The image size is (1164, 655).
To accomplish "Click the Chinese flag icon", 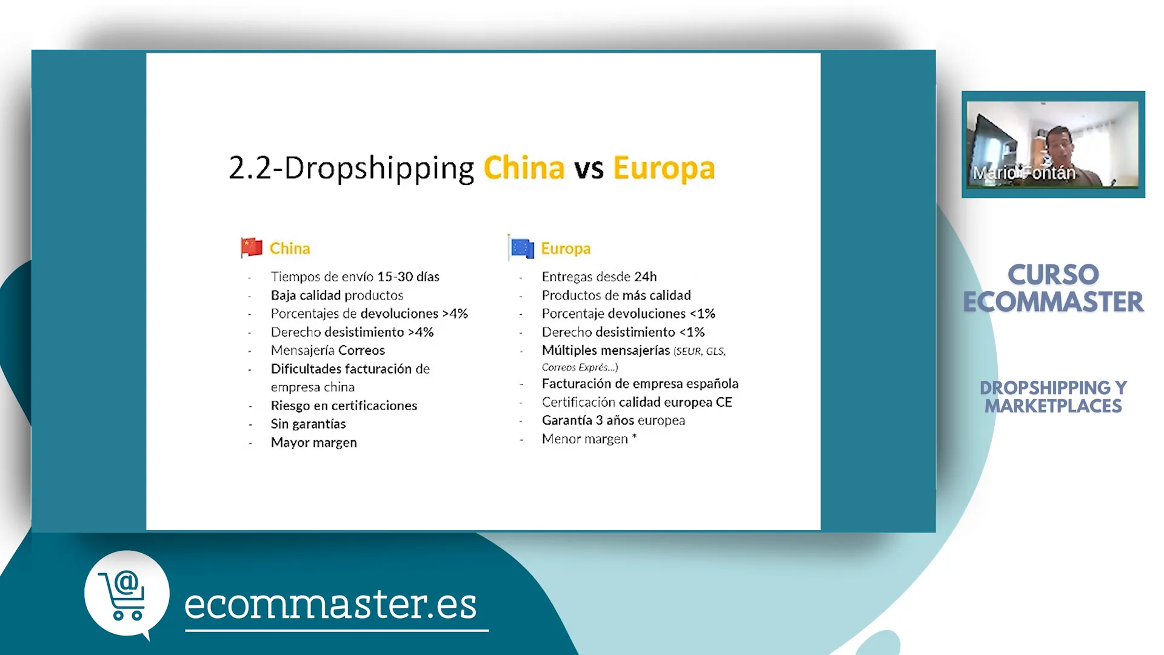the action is pyautogui.click(x=252, y=247).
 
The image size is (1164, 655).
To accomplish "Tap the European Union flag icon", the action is pyautogui.click(x=521, y=247).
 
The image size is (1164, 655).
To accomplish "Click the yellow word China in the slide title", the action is pyautogui.click(x=524, y=168).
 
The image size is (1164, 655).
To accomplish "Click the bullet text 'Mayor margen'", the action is pyautogui.click(x=314, y=443).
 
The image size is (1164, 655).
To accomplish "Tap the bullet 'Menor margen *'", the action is pyautogui.click(x=589, y=439).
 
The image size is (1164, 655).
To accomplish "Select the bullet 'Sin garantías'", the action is pyautogui.click(x=308, y=424).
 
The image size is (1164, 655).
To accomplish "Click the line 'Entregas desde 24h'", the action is pyautogui.click(x=599, y=277).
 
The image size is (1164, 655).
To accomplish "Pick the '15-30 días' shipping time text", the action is pyautogui.click(x=408, y=277).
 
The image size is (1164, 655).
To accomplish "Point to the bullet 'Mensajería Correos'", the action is pyautogui.click(x=328, y=351).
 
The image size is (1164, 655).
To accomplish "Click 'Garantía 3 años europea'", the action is pyautogui.click(x=614, y=420).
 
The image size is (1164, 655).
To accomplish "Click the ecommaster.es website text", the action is pyautogui.click(x=330, y=605).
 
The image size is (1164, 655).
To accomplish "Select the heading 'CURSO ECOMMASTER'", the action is pyautogui.click(x=1053, y=288).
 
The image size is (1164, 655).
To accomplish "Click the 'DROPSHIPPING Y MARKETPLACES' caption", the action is pyautogui.click(x=1053, y=397).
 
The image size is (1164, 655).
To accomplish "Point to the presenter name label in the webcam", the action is pyautogui.click(x=1024, y=173).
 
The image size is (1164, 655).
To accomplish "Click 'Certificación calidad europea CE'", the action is pyautogui.click(x=637, y=402).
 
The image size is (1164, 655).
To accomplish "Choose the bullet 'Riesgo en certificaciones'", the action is pyautogui.click(x=344, y=406).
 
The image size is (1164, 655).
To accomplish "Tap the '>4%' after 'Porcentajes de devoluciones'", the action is pyautogui.click(x=455, y=314).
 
